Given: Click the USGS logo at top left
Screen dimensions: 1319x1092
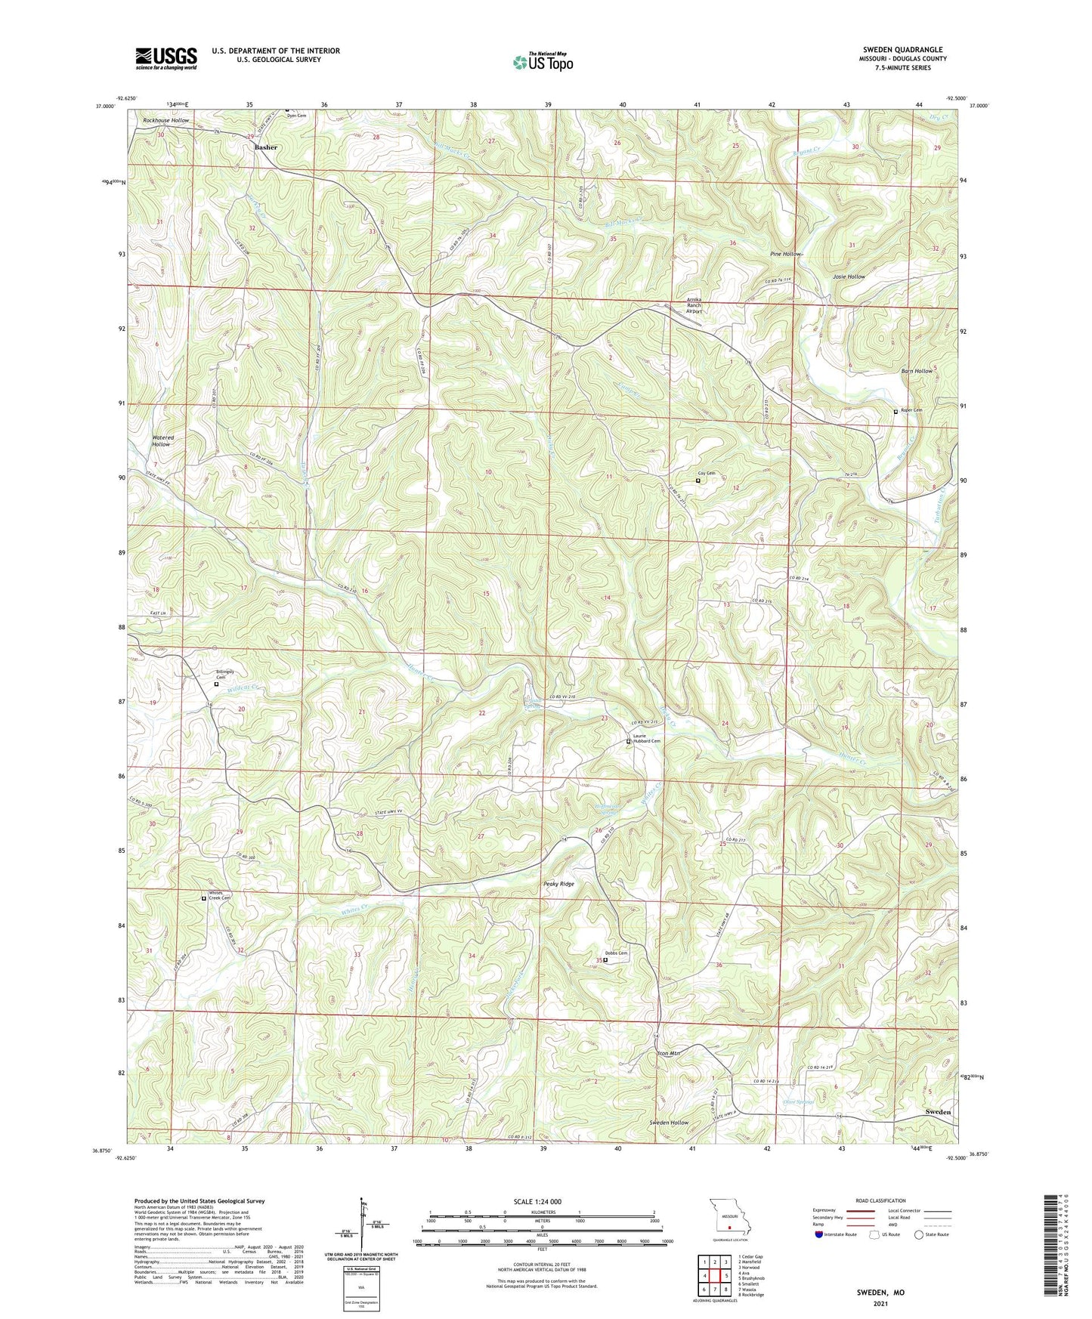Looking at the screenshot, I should click(x=166, y=58).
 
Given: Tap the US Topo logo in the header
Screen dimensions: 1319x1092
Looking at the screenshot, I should click(x=543, y=62).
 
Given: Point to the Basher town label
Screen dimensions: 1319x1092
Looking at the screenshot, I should click(x=265, y=147).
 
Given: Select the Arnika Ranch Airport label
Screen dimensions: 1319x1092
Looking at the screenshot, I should click(x=694, y=305).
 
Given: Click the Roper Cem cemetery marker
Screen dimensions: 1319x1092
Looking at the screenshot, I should click(x=896, y=412).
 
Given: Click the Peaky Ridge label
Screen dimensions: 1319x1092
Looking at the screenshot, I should click(x=558, y=884).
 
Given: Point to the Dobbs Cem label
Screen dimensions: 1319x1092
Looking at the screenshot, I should click(x=615, y=953).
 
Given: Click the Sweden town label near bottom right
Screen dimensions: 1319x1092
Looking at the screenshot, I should click(x=938, y=1112).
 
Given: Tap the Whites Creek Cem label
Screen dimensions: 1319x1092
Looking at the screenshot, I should click(x=219, y=895).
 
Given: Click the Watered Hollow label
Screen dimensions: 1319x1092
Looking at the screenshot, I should click(x=162, y=441).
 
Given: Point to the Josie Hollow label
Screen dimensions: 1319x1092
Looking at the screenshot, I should click(x=849, y=277).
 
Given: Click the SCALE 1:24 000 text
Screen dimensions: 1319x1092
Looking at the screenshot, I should click(x=537, y=1201).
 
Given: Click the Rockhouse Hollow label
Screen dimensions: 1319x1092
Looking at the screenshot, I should click(x=166, y=121).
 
